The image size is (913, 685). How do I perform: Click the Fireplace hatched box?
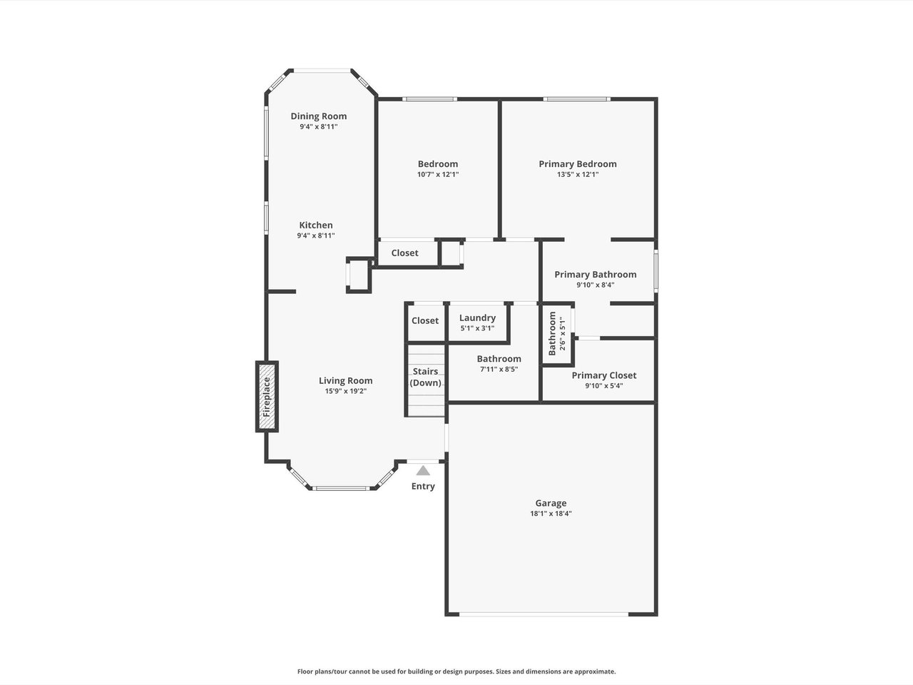point(267,396)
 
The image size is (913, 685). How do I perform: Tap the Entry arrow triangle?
point(423,470)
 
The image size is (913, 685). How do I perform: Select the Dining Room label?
point(319,116)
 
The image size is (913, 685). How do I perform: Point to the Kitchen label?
point(316,225)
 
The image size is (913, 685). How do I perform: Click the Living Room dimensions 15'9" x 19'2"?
point(346,391)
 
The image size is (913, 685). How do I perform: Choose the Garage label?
point(551,503)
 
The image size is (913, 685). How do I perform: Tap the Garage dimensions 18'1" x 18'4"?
point(551,513)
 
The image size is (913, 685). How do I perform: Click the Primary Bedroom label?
point(578,164)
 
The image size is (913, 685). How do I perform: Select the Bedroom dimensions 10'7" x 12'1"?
point(438,174)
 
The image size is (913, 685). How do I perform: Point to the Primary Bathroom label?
point(595,275)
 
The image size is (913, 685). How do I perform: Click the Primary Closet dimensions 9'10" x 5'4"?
point(604,385)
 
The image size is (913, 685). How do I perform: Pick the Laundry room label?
point(477,318)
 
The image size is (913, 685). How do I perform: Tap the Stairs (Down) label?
point(426,377)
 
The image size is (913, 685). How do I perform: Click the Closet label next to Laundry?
point(425,320)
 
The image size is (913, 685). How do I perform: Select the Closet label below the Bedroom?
point(404,253)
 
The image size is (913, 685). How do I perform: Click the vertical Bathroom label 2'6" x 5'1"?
point(557,333)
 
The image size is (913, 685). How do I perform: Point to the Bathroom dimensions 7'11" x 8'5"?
point(499,369)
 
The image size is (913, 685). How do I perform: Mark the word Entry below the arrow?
point(423,486)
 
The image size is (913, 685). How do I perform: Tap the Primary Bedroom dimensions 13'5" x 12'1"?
point(578,174)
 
